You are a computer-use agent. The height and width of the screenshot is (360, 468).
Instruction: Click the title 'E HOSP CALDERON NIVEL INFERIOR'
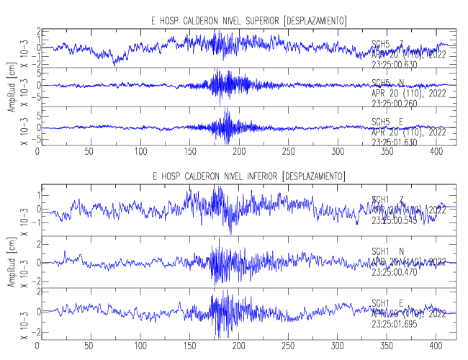pos(217,176)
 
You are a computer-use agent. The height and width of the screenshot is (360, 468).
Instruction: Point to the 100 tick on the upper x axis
pos(140,153)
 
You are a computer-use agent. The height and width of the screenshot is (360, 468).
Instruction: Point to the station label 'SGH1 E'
pos(387,303)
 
